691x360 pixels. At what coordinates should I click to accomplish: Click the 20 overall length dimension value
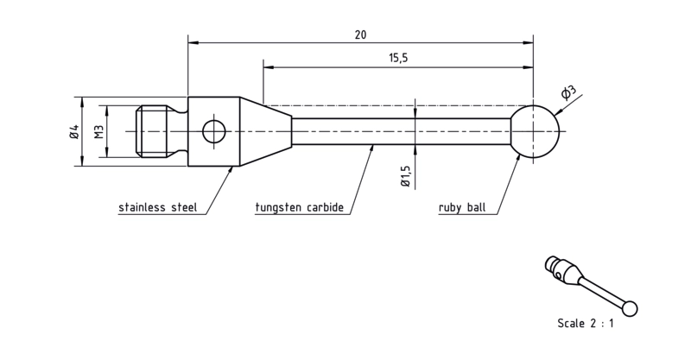(360, 35)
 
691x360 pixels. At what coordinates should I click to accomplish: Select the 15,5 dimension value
(398, 58)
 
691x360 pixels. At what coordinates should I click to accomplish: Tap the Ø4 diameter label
(74, 132)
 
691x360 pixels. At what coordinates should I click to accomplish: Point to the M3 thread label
(99, 131)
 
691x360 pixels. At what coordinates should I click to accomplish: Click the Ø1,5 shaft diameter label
(406, 176)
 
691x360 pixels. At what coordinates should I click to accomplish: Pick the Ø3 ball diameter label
(568, 92)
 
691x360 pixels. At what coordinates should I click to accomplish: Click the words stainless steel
(157, 207)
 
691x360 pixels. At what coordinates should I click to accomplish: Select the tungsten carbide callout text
(299, 207)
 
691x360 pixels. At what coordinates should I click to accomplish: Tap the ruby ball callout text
(462, 207)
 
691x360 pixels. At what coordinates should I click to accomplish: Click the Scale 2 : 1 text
(586, 324)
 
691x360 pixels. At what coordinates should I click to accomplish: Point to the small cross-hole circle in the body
(213, 131)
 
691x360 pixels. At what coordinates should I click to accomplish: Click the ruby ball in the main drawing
(534, 131)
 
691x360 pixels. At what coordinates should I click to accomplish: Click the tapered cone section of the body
(266, 131)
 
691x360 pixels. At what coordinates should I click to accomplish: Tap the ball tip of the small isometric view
(631, 308)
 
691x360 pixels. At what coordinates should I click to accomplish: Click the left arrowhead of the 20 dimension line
(193, 43)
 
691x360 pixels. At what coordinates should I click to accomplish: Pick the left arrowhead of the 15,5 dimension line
(269, 67)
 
